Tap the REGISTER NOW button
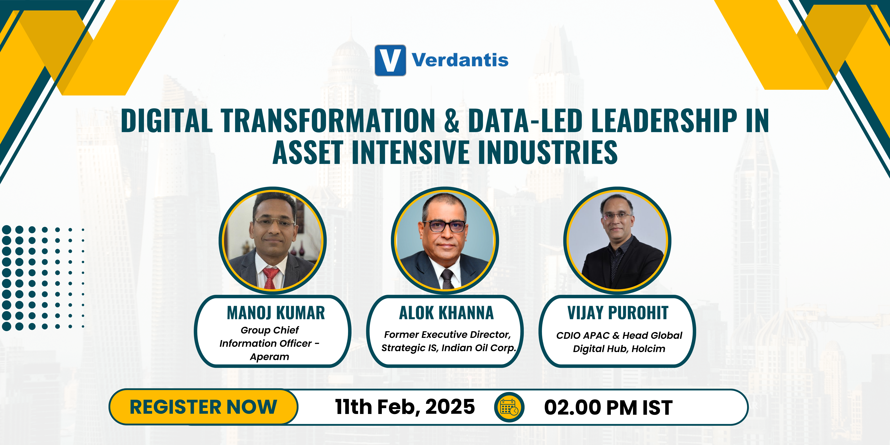[x=203, y=407]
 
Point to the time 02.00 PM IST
[x=608, y=407]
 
